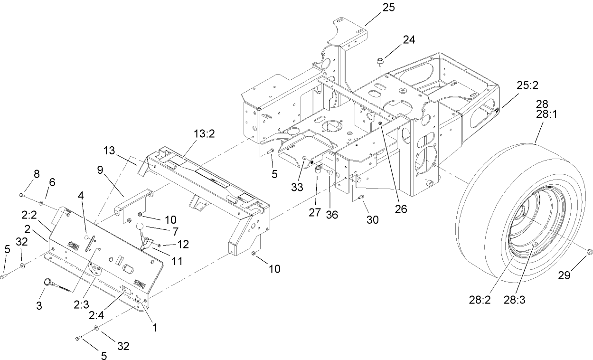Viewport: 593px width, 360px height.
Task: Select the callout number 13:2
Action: click(204, 133)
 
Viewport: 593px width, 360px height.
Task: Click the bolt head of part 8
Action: click(22, 195)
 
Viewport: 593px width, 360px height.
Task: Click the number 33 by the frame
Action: click(297, 187)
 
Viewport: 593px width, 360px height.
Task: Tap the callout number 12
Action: click(183, 244)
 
